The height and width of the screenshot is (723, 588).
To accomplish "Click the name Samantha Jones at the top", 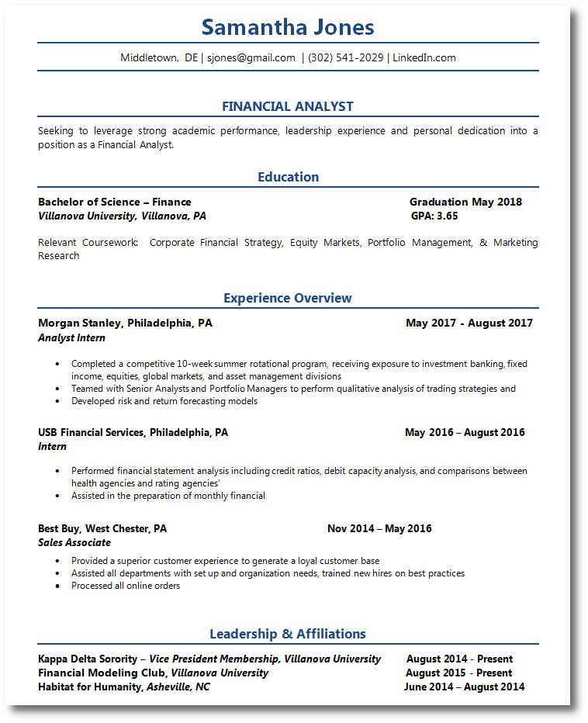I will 288,28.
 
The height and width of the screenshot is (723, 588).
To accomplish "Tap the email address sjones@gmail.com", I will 251,57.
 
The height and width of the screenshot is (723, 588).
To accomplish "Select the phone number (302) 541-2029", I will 345,57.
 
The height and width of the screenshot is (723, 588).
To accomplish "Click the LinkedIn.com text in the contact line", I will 424,57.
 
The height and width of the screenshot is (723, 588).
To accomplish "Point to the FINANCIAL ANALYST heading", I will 288,106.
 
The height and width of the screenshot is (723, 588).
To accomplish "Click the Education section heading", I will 288,177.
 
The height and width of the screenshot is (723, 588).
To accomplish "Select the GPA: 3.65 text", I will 434,216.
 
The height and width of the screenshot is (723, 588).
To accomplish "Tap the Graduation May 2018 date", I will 465,202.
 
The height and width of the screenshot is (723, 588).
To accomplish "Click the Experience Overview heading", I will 288,298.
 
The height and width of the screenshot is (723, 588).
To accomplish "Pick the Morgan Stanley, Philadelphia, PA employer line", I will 125,323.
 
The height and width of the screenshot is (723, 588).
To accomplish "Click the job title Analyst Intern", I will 71,337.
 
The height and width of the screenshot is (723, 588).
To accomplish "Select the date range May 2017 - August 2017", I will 469,323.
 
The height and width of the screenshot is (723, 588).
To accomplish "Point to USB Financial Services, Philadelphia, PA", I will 133,432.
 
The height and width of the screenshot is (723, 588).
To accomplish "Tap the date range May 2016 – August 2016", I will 465,432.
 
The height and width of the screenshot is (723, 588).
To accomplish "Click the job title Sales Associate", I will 74,542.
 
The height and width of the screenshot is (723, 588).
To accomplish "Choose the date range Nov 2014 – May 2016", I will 379,528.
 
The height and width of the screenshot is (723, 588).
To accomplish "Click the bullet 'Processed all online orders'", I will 126,586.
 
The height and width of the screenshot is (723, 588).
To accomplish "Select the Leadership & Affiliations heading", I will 288,634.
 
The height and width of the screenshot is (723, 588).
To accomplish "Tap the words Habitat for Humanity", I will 89,687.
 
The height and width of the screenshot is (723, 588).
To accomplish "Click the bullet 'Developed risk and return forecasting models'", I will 164,401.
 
